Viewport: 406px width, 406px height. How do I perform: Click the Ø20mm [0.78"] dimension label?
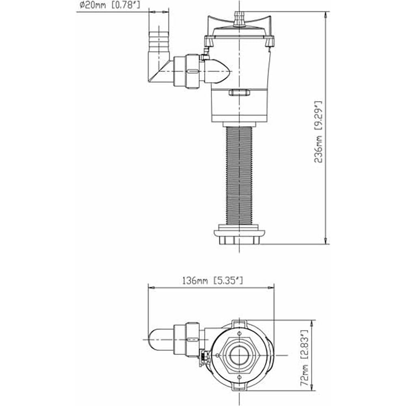110,5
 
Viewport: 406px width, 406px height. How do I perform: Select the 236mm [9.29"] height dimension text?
318,132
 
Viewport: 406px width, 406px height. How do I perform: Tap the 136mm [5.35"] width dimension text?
213,281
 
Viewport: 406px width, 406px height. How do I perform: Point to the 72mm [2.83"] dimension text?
304,358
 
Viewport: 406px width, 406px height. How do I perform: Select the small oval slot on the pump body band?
239,92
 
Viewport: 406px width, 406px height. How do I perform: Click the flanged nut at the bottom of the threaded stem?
239,235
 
